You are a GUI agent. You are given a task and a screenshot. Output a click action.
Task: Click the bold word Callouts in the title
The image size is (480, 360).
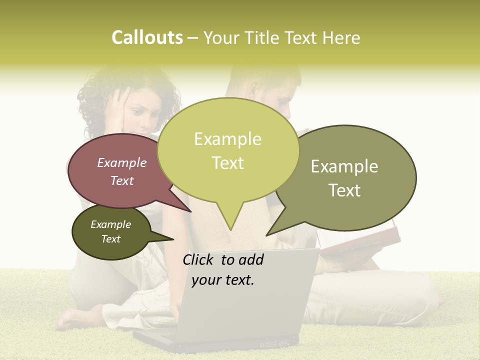coord(147,37)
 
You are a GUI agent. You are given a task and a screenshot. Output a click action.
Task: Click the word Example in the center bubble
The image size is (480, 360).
coord(227,139)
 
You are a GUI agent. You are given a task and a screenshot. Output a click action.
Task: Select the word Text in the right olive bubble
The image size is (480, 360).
coord(345,190)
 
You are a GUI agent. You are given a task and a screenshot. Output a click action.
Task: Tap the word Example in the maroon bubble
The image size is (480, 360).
coord(122,162)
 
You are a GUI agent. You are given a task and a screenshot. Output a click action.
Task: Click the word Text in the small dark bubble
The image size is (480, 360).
coord(111,239)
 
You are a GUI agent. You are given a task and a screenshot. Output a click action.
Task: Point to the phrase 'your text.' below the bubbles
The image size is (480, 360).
coord(223,280)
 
